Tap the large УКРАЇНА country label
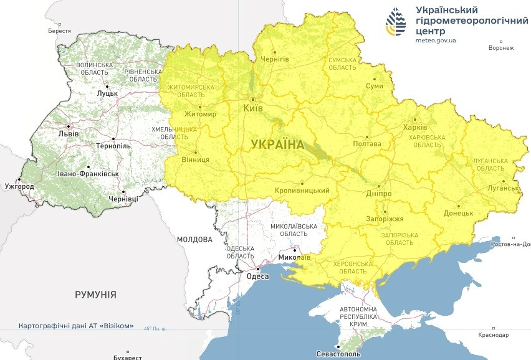click(x=277, y=144)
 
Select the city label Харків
click(x=415, y=128)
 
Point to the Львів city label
click(x=68, y=133)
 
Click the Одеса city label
click(x=257, y=277)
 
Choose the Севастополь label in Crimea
click(x=355, y=354)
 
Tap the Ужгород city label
click(x=18, y=186)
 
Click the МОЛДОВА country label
click(x=194, y=239)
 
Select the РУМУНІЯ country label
click(x=95, y=295)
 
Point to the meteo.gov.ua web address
click(x=436, y=40)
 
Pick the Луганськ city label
click(x=504, y=188)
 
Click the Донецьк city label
click(x=458, y=213)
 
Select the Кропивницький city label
click(x=302, y=191)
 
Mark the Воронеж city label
click(x=501, y=48)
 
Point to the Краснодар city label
click(x=493, y=335)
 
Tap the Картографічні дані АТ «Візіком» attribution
click(x=76, y=326)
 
